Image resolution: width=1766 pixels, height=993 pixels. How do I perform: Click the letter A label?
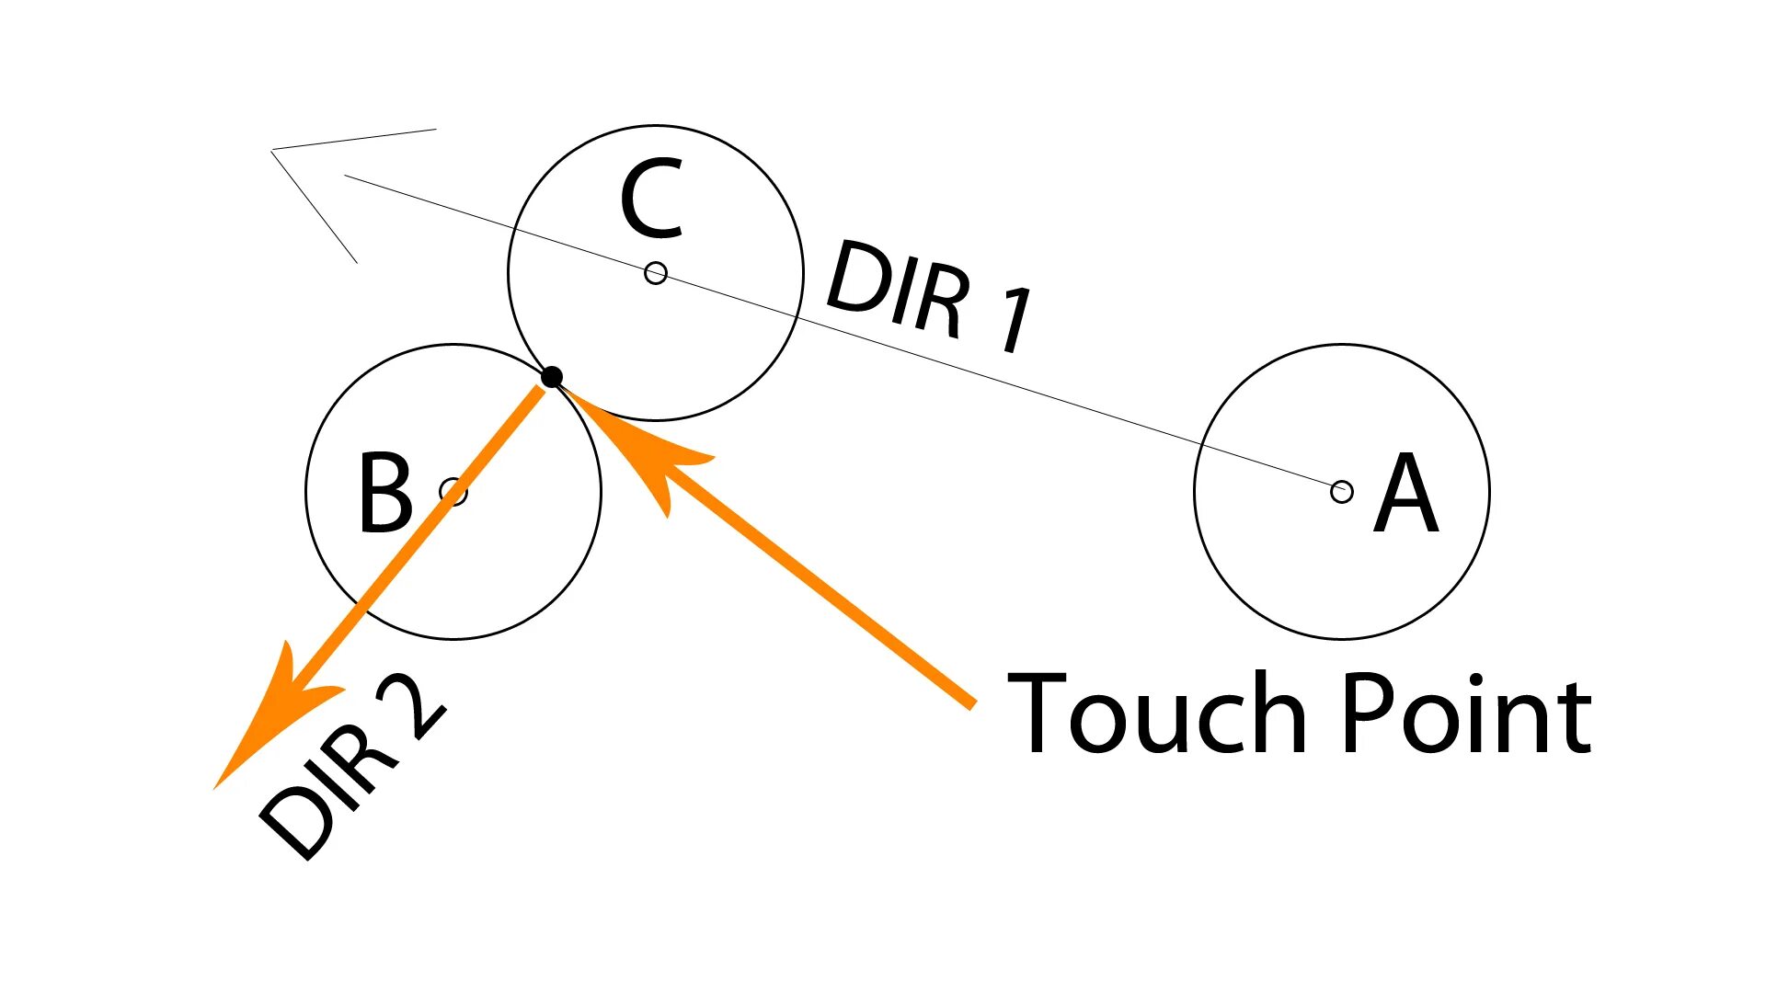tap(1405, 494)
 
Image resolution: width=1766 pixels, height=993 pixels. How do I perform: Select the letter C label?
tap(651, 199)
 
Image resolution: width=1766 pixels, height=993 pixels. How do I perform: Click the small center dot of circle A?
tap(1342, 492)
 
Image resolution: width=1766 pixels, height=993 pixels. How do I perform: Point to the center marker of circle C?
tap(656, 273)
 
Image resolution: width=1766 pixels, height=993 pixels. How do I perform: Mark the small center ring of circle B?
tap(453, 492)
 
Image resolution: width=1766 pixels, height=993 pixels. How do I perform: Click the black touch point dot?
tap(552, 377)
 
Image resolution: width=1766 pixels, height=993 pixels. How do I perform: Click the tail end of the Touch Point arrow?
tap(970, 703)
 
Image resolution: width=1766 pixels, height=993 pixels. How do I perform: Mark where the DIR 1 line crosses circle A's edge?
tap(1201, 446)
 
